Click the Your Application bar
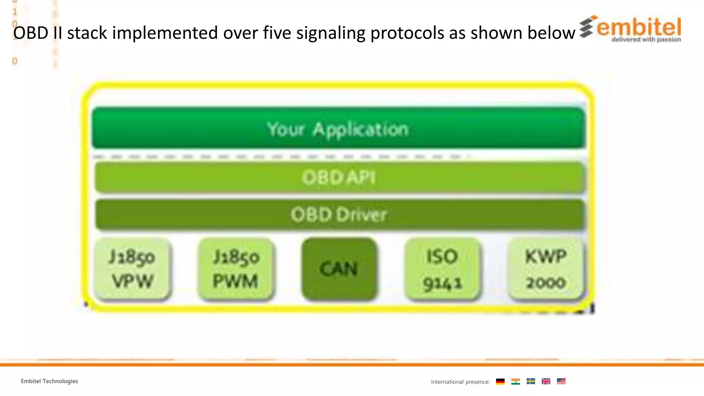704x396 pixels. (339, 129)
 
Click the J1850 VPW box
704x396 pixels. (132, 269)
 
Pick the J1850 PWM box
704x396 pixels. (236, 269)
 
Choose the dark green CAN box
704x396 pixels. (339, 269)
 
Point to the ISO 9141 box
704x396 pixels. (442, 269)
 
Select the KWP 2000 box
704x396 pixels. (546, 269)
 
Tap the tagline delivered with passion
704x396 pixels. (646, 40)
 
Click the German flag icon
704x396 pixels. (500, 381)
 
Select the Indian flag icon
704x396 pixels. (515, 381)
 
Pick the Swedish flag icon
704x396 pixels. (531, 381)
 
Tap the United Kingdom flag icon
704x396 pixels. (546, 381)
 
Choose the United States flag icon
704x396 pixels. (561, 381)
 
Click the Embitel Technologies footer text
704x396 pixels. (49, 381)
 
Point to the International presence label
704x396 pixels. (460, 382)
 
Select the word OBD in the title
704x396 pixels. (31, 33)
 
